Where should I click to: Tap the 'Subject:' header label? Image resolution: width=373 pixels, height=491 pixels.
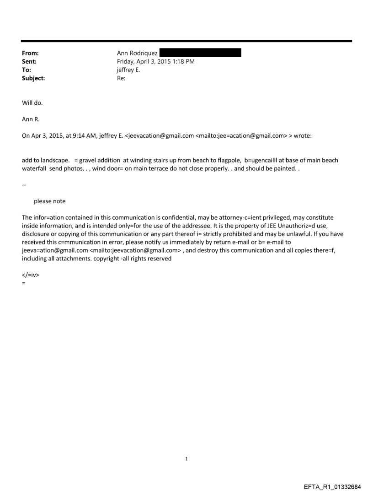pyautogui.click(x=33, y=78)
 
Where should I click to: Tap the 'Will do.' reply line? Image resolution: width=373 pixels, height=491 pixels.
pyautogui.click(x=32, y=103)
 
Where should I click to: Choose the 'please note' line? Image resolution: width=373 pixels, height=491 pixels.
pyautogui.click(x=49, y=201)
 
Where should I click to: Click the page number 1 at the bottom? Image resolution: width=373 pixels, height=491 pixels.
pyautogui.click(x=186, y=459)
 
